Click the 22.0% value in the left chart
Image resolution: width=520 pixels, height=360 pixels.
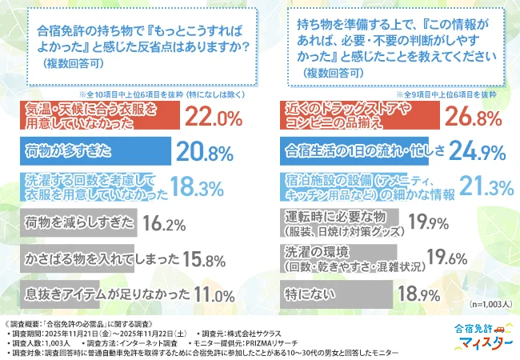213,118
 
